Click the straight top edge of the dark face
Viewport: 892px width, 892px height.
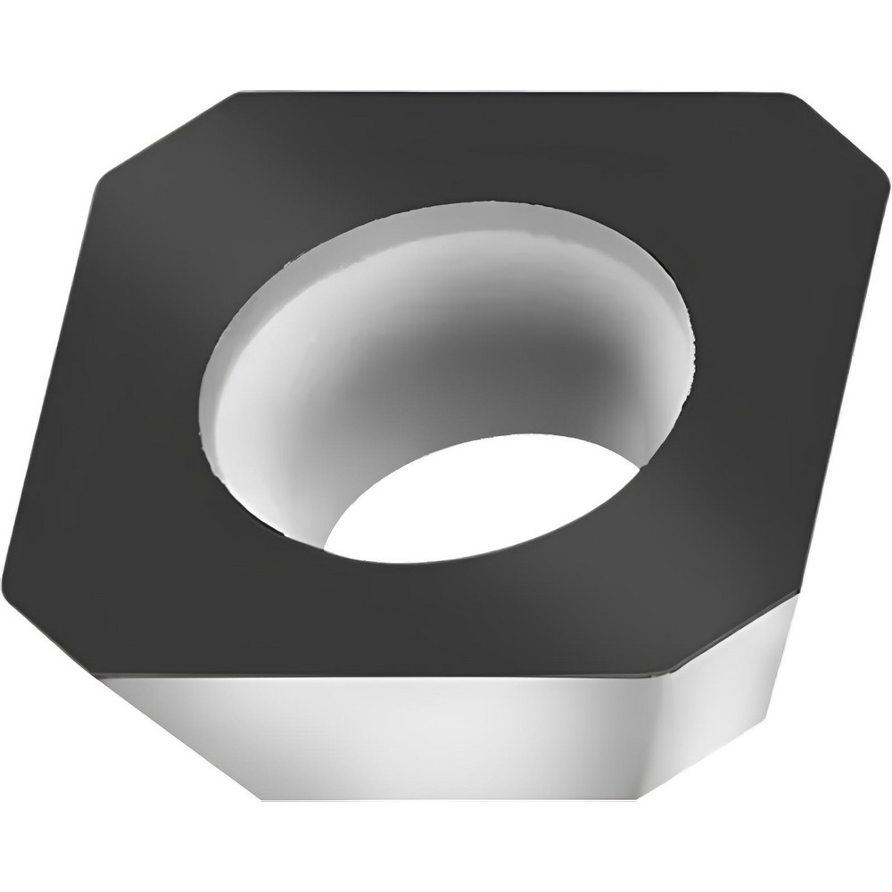point(500,90)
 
